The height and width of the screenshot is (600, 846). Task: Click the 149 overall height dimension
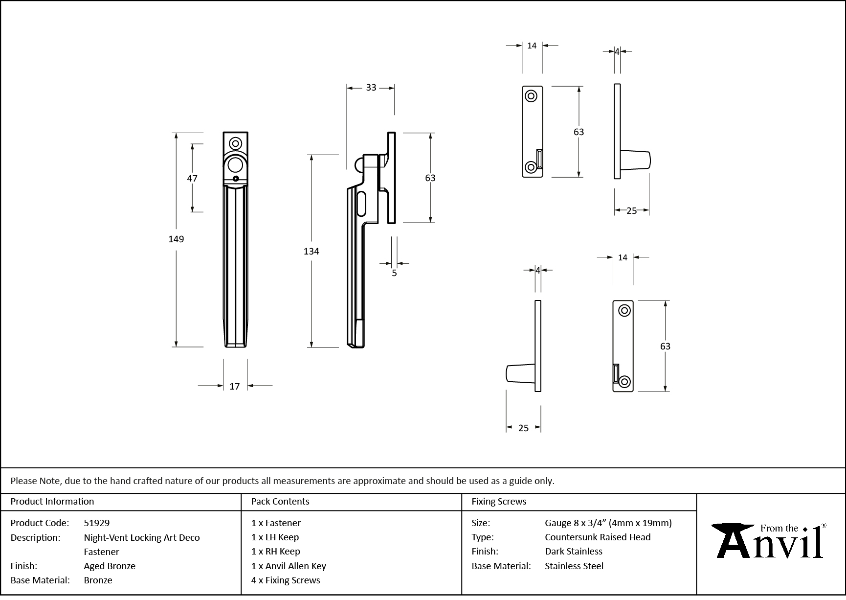pyautogui.click(x=176, y=239)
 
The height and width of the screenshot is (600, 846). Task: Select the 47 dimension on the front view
pyautogui.click(x=192, y=178)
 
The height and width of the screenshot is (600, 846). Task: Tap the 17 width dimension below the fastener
pyautogui.click(x=235, y=386)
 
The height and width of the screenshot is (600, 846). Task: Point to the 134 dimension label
pyautogui.click(x=311, y=251)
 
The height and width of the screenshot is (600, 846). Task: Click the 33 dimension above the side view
pyautogui.click(x=371, y=88)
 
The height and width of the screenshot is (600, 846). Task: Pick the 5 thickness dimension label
pyautogui.click(x=394, y=273)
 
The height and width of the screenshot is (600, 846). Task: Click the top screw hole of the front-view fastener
pyautogui.click(x=236, y=144)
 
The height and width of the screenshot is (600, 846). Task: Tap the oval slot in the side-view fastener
pyautogui.click(x=362, y=204)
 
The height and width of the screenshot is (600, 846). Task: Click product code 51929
pyautogui.click(x=97, y=523)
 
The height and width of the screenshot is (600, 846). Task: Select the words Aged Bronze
pyautogui.click(x=110, y=566)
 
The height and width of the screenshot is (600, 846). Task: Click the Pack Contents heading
pyautogui.click(x=280, y=501)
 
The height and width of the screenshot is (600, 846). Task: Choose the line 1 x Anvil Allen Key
pyautogui.click(x=289, y=566)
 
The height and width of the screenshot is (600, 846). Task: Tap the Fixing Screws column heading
pyautogui.click(x=499, y=501)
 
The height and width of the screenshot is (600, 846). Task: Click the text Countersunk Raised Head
pyautogui.click(x=598, y=537)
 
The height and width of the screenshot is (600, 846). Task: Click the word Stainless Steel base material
pyautogui.click(x=574, y=566)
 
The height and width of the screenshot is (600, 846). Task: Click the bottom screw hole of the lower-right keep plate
pyautogui.click(x=624, y=381)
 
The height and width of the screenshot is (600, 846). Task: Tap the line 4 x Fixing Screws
pyautogui.click(x=286, y=580)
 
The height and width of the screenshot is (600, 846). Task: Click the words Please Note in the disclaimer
pyautogui.click(x=35, y=481)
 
